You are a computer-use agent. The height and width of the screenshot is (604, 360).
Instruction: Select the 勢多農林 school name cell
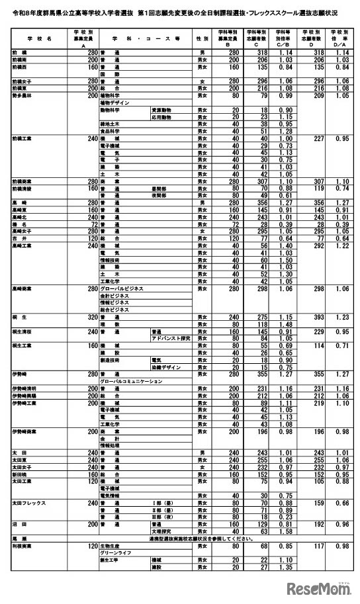pyautogui.click(x=22, y=95)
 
